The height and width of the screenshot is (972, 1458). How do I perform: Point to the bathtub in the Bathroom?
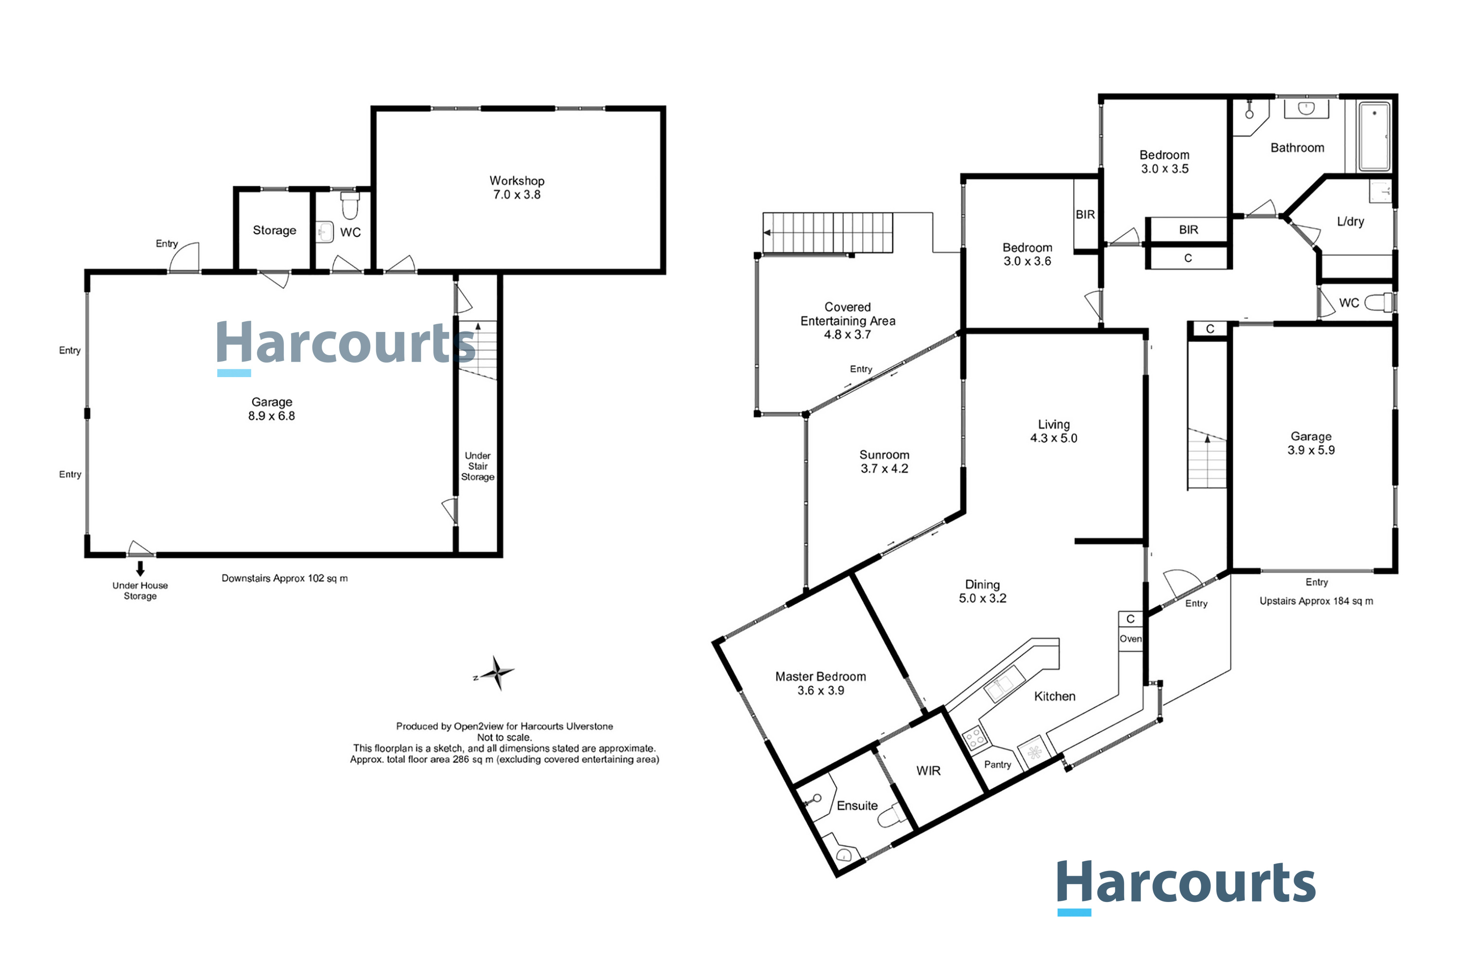click(1374, 137)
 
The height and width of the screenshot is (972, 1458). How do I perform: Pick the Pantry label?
click(997, 765)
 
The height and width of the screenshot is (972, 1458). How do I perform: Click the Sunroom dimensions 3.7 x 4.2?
click(884, 469)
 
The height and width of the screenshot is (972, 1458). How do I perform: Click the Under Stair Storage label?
click(477, 466)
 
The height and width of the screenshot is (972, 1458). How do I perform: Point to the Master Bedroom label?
click(820, 677)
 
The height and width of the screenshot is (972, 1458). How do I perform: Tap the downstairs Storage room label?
click(274, 230)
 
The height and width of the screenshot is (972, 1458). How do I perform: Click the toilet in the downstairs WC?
click(350, 205)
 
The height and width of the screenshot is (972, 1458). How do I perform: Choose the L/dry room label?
click(1350, 221)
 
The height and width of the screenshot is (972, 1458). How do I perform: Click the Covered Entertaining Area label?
click(848, 313)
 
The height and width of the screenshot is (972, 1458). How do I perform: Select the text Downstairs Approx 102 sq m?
click(284, 578)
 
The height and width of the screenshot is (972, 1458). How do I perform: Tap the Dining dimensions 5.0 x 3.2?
click(983, 598)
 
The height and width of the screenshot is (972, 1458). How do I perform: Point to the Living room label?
click(1054, 425)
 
